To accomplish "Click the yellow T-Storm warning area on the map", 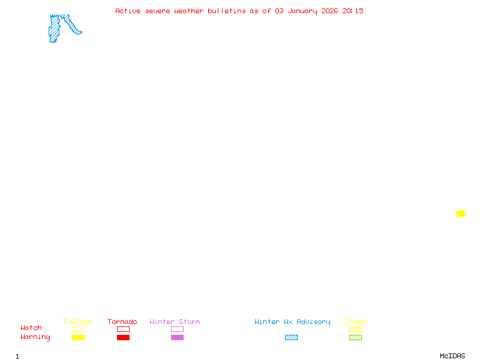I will [x=460, y=214].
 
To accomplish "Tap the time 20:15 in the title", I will [x=353, y=11].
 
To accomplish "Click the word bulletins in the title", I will [x=226, y=11].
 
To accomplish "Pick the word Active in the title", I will [x=128, y=11].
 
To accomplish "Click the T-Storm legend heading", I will [x=77, y=322].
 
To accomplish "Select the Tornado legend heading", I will [x=122, y=322].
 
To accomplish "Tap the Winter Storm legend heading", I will [x=175, y=322].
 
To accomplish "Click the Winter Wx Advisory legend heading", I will [x=292, y=322].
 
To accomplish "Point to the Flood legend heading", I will [x=355, y=322].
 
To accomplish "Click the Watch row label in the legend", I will [x=31, y=328].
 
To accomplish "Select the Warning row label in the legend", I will [x=35, y=337].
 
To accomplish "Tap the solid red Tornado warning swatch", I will [x=123, y=338].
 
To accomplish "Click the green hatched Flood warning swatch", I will [x=355, y=338].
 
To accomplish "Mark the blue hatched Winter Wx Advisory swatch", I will [x=291, y=338].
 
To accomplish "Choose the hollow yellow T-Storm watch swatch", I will [x=78, y=329].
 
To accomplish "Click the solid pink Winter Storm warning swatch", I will [x=177, y=338].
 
